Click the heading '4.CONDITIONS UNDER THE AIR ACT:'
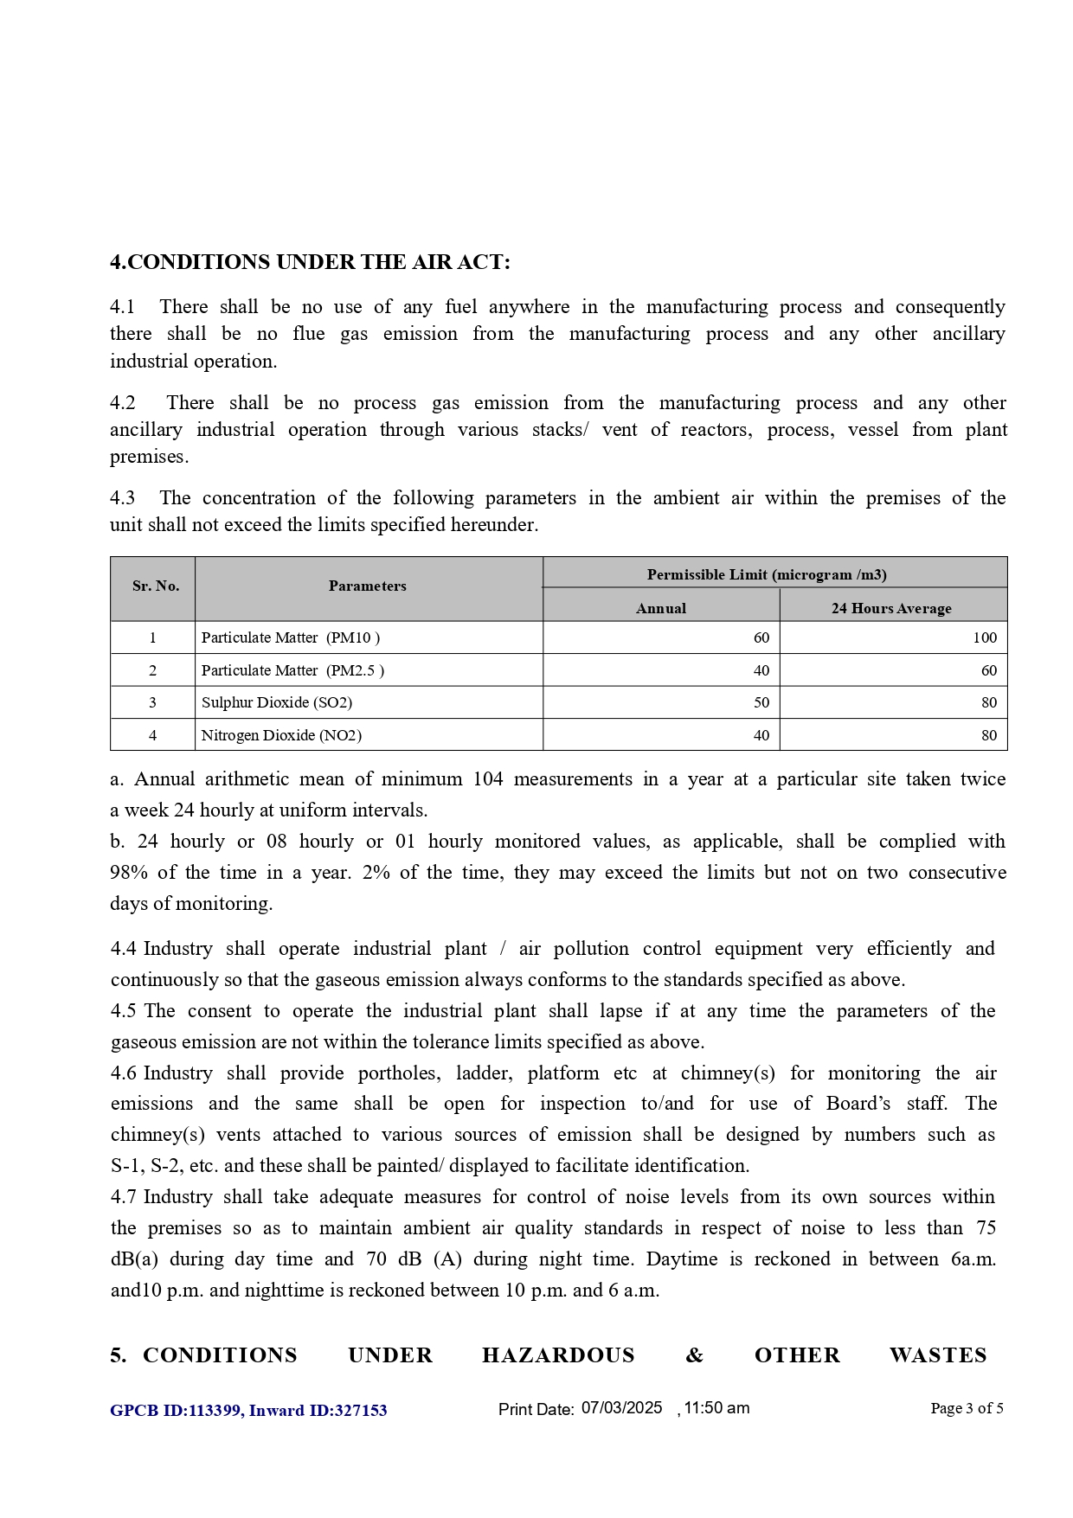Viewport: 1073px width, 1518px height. click(310, 262)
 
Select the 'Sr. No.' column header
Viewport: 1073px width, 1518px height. click(156, 586)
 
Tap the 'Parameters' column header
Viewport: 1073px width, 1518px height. click(368, 586)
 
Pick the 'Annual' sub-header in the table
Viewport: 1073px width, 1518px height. click(661, 608)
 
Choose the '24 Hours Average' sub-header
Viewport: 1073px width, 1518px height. click(891, 608)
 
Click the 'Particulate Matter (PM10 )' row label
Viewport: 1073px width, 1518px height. click(291, 637)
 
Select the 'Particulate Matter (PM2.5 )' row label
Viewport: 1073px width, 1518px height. click(292, 670)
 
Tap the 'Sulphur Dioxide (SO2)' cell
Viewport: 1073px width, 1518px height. click(277, 702)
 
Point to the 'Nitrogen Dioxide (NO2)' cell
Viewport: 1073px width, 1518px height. click(281, 735)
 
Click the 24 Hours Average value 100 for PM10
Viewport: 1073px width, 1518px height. click(985, 637)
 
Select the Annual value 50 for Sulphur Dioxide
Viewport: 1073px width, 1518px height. click(761, 702)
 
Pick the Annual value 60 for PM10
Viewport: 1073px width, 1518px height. click(761, 637)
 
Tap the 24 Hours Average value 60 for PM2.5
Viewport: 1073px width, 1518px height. click(989, 670)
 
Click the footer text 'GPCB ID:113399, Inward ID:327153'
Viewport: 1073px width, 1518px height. click(248, 1411)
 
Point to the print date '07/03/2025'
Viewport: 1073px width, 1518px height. click(621, 1408)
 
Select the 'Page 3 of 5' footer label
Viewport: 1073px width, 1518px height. click(967, 1408)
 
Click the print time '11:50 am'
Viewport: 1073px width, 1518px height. click(716, 1408)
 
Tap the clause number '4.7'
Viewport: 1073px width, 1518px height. click(124, 1197)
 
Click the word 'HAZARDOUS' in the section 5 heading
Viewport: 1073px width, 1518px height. click(558, 1355)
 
